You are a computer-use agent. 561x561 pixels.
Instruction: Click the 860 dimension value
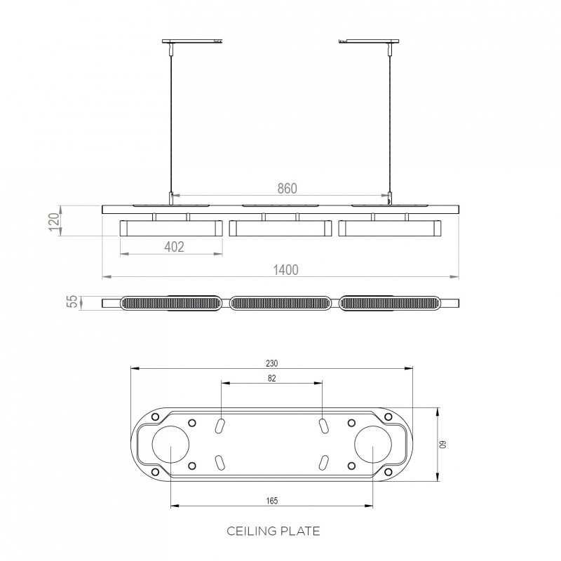point(288,188)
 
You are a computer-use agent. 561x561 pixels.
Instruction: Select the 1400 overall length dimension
point(286,270)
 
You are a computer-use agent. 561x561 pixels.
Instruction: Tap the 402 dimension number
point(173,247)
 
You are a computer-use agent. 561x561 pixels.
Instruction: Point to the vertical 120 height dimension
point(53,221)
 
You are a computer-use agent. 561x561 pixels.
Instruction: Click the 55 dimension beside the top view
point(70,303)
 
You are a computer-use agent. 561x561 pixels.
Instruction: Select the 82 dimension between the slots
point(272,379)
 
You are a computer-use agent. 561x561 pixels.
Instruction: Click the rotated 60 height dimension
point(442,445)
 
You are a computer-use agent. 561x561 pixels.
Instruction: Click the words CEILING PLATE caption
point(273,531)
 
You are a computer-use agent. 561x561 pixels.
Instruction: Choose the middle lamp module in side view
point(280,228)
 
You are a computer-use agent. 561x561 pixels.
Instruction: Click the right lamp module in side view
point(390,228)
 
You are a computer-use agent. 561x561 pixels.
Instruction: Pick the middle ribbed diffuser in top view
point(280,304)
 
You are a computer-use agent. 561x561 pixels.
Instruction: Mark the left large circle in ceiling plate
point(170,446)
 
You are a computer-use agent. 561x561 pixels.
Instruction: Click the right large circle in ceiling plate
point(372,446)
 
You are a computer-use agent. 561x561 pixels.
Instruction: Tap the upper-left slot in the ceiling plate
point(220,426)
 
